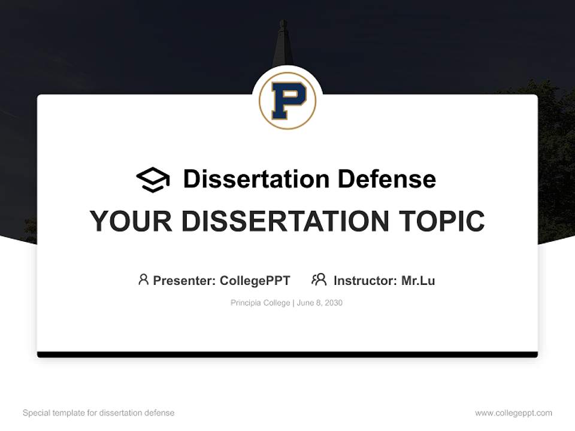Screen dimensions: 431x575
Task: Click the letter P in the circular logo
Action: coord(287,101)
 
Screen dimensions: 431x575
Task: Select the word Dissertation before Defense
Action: coord(256,179)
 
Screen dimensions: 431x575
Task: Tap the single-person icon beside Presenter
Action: coord(143,280)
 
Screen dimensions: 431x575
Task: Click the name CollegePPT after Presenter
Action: coord(255,280)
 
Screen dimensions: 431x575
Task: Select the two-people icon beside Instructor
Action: coord(319,280)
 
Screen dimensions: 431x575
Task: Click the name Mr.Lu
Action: coord(418,280)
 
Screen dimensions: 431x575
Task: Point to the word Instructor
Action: coord(363,280)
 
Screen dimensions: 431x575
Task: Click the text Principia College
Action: coord(260,303)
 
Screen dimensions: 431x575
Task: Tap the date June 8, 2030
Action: coord(320,303)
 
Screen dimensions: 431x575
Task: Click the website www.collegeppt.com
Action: coord(513,413)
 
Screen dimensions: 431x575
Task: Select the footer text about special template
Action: coord(99,413)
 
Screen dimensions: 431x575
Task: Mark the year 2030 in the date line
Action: coord(332,303)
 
